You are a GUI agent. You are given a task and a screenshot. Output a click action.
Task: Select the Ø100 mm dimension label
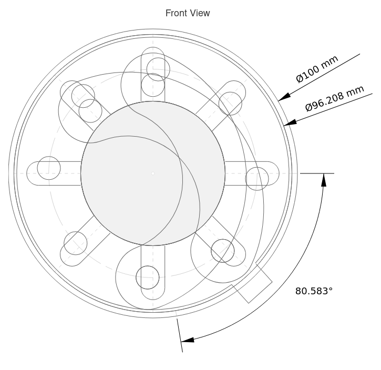click(317, 69)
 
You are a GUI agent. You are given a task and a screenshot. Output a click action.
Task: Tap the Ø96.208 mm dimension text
click(335, 98)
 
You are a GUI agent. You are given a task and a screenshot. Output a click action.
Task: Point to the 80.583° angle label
click(314, 291)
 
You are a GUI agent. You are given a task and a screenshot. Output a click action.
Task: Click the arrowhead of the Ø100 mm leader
click(284, 97)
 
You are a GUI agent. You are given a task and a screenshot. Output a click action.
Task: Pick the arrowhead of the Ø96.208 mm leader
click(290, 122)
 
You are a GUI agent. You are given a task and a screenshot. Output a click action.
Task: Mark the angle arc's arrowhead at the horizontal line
click(324, 180)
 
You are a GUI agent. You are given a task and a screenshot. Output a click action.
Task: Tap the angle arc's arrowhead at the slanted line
click(188, 340)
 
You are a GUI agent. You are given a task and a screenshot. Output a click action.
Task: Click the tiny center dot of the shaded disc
click(153, 173)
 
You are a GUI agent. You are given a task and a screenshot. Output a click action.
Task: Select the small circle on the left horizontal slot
click(49, 168)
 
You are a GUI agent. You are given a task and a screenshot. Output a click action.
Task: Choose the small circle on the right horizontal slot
click(257, 179)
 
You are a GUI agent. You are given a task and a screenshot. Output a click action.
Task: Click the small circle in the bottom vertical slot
click(148, 277)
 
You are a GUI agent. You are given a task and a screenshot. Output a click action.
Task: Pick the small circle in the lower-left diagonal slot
click(75, 243)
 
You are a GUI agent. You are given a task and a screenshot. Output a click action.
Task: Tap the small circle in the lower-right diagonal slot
click(223, 251)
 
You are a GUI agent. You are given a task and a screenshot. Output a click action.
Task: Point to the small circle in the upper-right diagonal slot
click(230, 104)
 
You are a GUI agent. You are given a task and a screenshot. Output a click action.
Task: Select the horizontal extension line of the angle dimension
click(317, 173)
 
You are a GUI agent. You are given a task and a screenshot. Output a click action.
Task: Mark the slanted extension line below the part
click(180, 335)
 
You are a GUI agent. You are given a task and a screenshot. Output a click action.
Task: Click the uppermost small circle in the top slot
click(158, 69)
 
